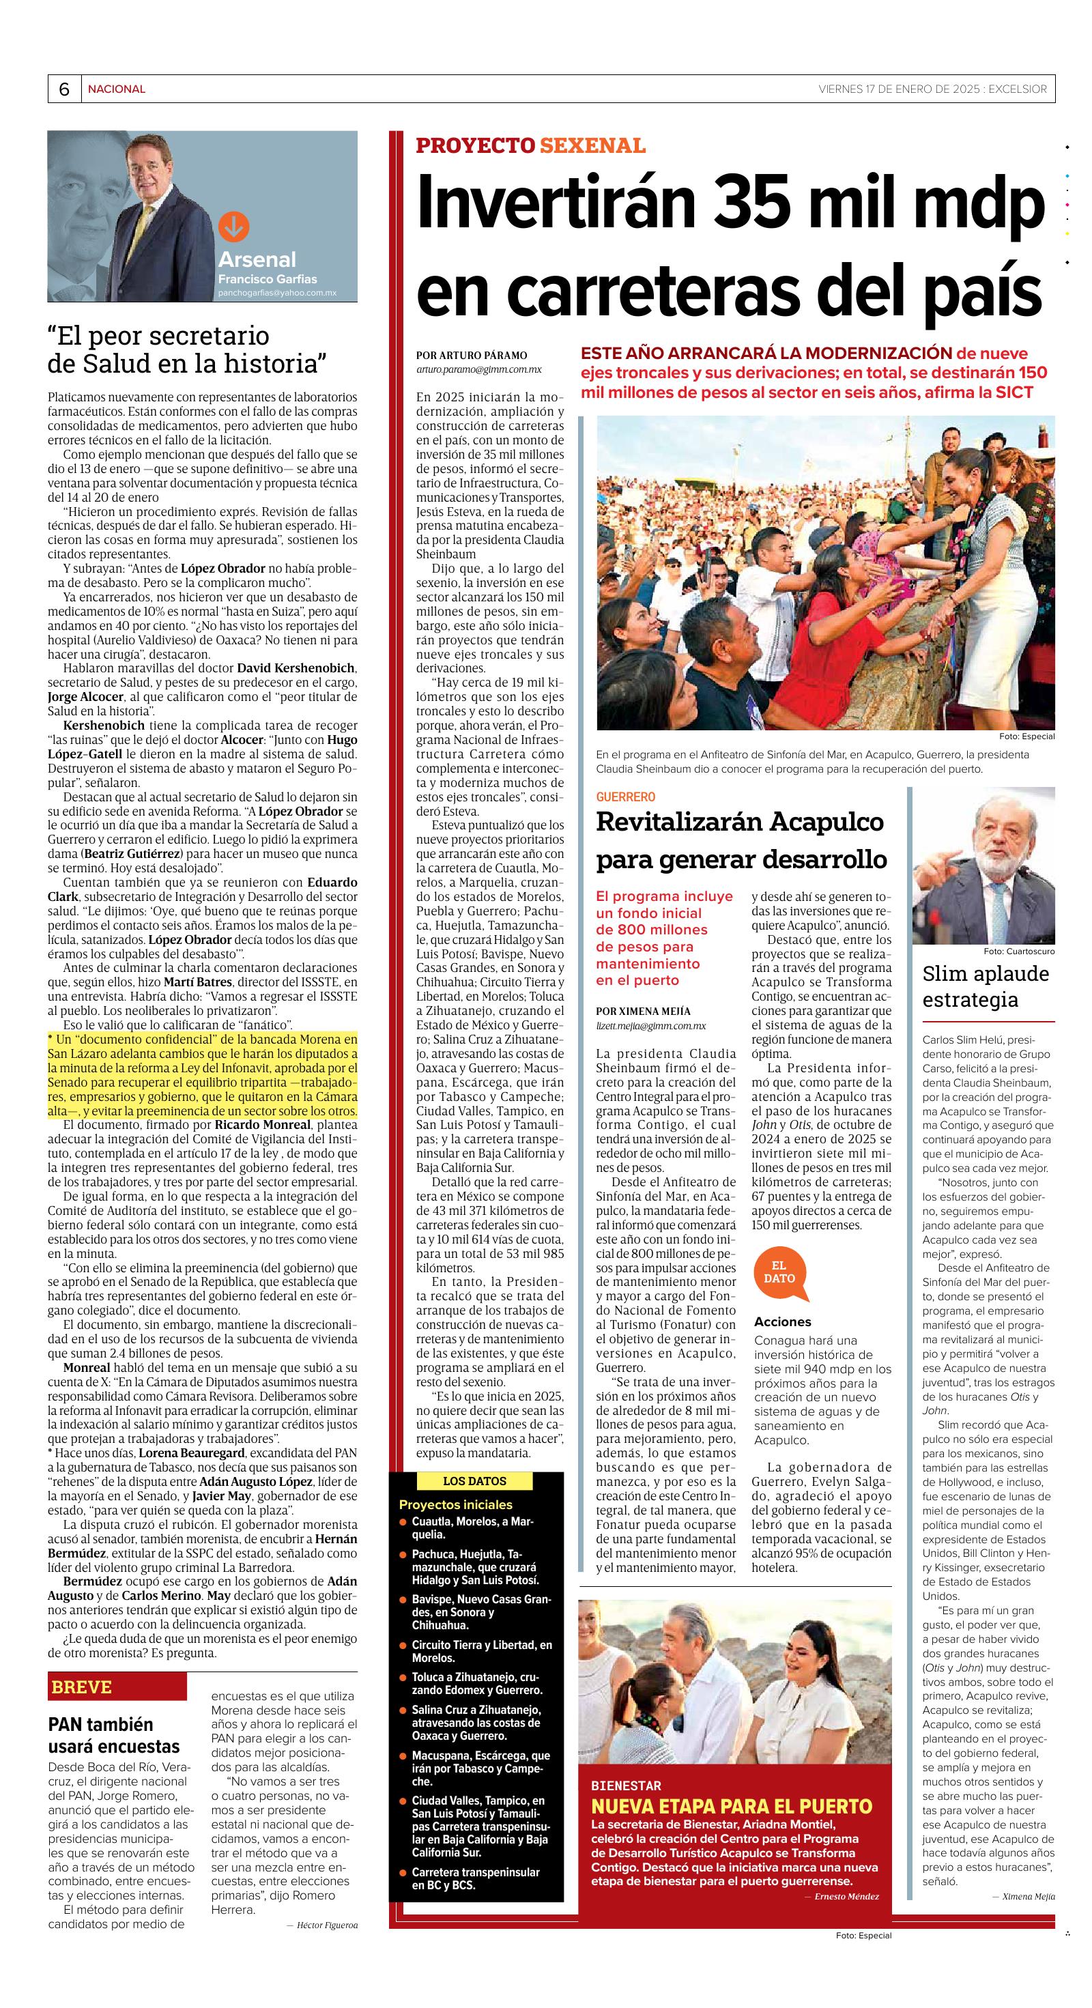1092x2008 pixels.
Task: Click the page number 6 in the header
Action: tap(64, 89)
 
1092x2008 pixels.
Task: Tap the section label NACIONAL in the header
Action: tap(116, 89)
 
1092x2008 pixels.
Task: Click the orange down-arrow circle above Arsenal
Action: tap(233, 226)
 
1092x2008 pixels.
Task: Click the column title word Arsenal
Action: tap(257, 259)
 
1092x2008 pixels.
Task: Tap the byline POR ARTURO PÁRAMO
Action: tap(472, 356)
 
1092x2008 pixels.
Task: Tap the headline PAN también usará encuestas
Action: tap(114, 1734)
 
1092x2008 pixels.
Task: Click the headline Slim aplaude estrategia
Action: tap(986, 986)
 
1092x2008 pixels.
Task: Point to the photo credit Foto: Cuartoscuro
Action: tap(1019, 951)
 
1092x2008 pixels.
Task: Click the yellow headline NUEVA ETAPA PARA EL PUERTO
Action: tap(732, 1806)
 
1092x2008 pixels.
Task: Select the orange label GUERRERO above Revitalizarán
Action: tap(625, 797)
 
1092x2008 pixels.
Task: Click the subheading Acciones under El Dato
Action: tap(783, 1321)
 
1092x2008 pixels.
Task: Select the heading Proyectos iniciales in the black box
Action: tap(455, 1504)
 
